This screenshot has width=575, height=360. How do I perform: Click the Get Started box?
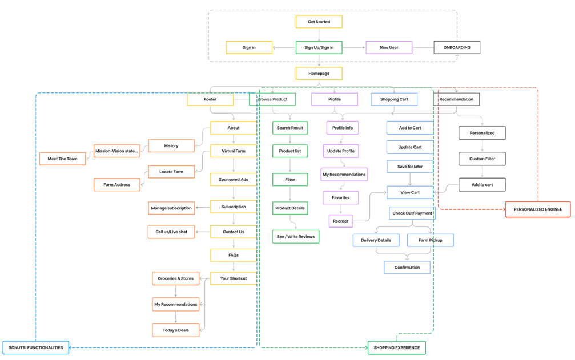pyautogui.click(x=319, y=22)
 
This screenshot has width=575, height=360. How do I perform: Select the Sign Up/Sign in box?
pyautogui.click(x=319, y=47)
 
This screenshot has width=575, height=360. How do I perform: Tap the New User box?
pyautogui.click(x=389, y=47)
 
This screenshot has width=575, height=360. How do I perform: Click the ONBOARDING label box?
pyautogui.click(x=457, y=47)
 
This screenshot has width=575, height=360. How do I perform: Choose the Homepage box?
pyautogui.click(x=319, y=73)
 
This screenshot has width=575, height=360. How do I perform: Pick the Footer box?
pyautogui.click(x=210, y=99)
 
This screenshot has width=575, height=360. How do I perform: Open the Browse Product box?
pyautogui.click(x=272, y=99)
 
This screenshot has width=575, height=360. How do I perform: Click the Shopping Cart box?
pyautogui.click(x=394, y=99)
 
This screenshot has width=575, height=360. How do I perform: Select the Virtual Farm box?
pyautogui.click(x=234, y=151)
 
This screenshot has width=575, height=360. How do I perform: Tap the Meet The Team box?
pyautogui.click(x=62, y=159)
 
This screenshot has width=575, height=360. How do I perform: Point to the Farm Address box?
pyautogui.click(x=116, y=184)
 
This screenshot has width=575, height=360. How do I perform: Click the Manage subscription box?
pyautogui.click(x=171, y=208)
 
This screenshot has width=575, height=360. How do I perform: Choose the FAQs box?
pyautogui.click(x=234, y=255)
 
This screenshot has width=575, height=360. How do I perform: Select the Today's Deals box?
pyautogui.click(x=176, y=330)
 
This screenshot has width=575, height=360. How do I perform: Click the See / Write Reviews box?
pyautogui.click(x=296, y=236)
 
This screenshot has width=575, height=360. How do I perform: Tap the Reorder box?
pyautogui.click(x=340, y=221)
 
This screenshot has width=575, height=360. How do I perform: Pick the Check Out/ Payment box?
pyautogui.click(x=412, y=213)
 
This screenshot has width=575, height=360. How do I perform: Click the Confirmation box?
pyautogui.click(x=407, y=267)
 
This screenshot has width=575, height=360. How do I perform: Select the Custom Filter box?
pyautogui.click(x=482, y=159)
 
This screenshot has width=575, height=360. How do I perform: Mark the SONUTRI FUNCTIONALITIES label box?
pyautogui.click(x=36, y=347)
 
